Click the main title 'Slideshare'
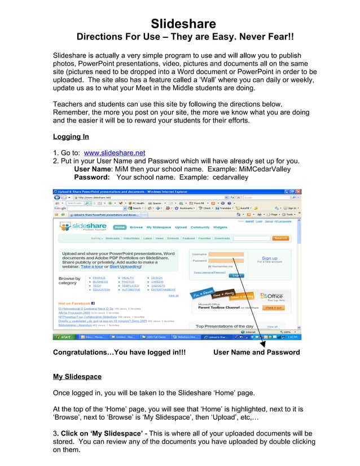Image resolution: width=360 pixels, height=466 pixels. click(x=183, y=24)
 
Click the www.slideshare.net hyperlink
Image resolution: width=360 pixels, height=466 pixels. click(x=114, y=152)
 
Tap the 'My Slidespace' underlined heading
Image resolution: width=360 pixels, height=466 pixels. click(x=77, y=376)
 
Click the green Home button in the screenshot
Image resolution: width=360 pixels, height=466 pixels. click(x=120, y=227)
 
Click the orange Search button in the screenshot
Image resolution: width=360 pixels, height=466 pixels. click(x=280, y=238)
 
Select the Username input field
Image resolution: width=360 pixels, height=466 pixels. click(x=226, y=254)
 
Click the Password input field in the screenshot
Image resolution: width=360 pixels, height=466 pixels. click(x=226, y=261)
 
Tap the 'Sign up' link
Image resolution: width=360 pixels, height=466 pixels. click(x=270, y=258)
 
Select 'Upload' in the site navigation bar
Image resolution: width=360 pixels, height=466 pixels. click(x=181, y=227)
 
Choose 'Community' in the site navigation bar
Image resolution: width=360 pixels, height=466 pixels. click(x=200, y=227)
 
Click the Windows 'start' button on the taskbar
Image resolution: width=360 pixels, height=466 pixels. click(x=63, y=337)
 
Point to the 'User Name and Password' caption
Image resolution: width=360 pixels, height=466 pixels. click(x=257, y=352)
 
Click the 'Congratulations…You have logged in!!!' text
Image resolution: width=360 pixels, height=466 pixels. click(x=119, y=352)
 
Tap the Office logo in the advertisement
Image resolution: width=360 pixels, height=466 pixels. click(x=274, y=296)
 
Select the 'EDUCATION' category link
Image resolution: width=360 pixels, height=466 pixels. click(x=102, y=289)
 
